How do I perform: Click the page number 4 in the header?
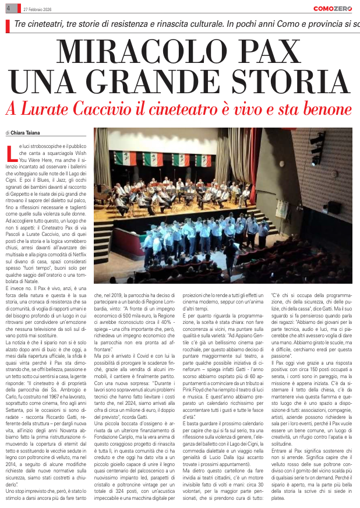(x=8, y=8)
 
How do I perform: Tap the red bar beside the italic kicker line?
(x=8, y=26)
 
